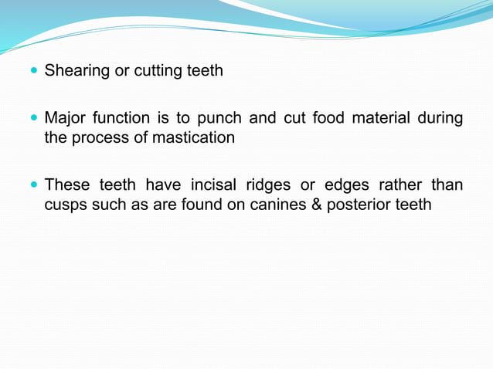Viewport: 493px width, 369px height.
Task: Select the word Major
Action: click(x=65, y=119)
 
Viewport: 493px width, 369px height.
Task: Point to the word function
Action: click(x=120, y=119)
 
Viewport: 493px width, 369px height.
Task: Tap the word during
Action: click(x=440, y=119)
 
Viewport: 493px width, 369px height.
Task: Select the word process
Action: click(x=97, y=139)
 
